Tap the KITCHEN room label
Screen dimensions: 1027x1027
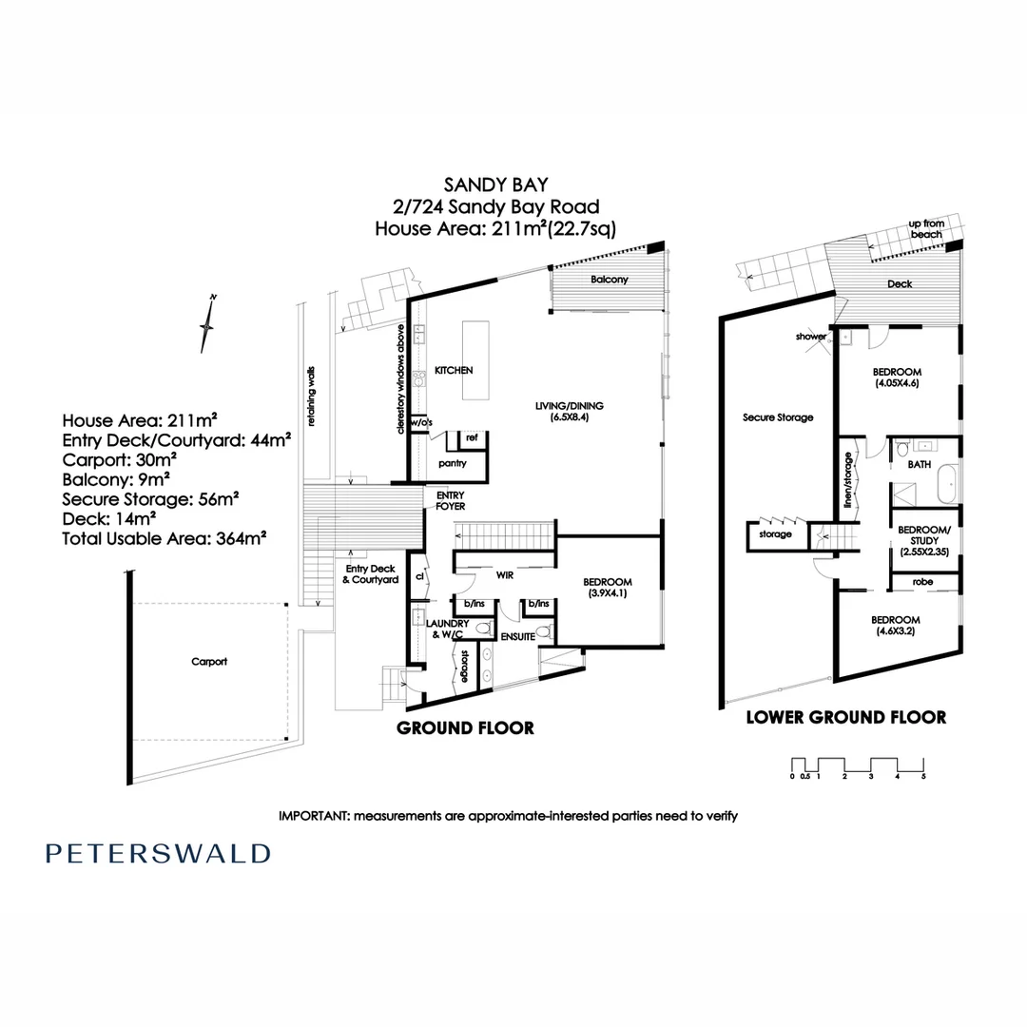454,370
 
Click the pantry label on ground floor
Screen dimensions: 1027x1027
452,463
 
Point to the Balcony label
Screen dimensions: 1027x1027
609,281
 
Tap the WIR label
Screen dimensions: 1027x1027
505,574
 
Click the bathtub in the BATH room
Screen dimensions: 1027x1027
947,486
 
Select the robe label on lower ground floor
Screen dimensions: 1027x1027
920,581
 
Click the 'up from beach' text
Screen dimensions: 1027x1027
926,228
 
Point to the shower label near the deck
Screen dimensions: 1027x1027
811,337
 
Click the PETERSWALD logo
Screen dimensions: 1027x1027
158,853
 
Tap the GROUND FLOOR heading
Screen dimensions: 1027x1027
464,727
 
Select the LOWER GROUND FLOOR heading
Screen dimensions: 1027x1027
845,717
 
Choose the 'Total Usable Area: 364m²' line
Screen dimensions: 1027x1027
164,536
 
